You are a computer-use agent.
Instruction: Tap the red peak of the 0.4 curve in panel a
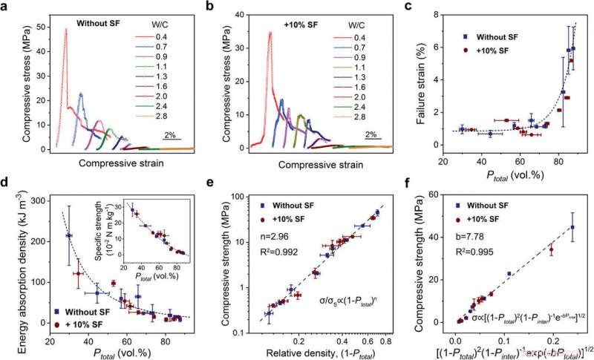click(x=66, y=30)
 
